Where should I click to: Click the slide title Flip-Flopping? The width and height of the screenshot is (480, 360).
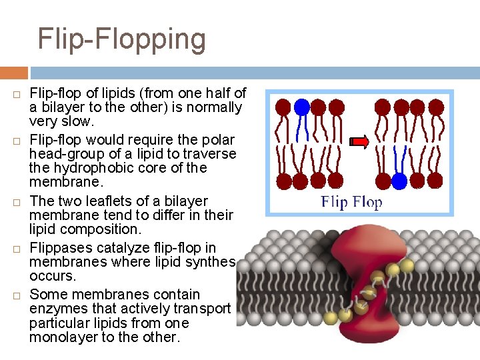coord(121,39)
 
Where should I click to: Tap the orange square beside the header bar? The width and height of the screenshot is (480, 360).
coord(13,73)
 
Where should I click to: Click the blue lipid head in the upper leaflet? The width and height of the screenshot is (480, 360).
coord(302,107)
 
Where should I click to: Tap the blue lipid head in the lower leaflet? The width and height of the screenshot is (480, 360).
coord(399,180)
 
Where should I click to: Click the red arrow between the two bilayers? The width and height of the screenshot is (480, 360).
coord(360,141)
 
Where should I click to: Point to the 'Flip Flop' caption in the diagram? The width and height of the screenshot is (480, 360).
coord(351,202)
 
